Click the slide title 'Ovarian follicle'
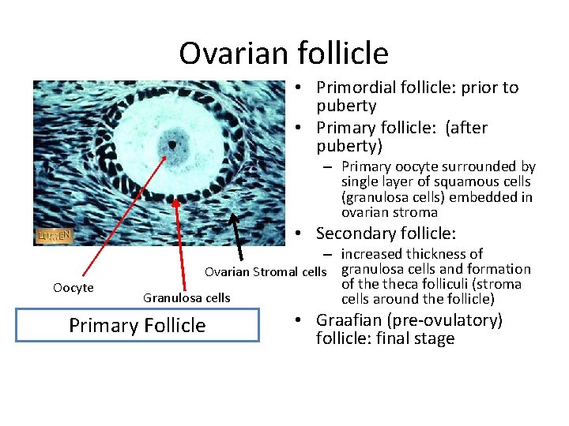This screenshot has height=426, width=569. [284, 54]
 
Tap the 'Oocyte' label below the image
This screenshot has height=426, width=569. [73, 288]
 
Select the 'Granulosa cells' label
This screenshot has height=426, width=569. [187, 297]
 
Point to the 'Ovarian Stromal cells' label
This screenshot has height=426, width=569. [265, 272]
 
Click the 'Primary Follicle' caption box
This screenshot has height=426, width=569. [137, 325]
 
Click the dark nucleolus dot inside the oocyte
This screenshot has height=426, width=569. [171, 144]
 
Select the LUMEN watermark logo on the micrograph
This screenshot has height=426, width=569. [55, 235]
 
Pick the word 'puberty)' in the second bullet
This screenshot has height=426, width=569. [349, 146]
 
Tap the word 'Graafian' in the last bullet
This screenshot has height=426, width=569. [349, 320]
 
